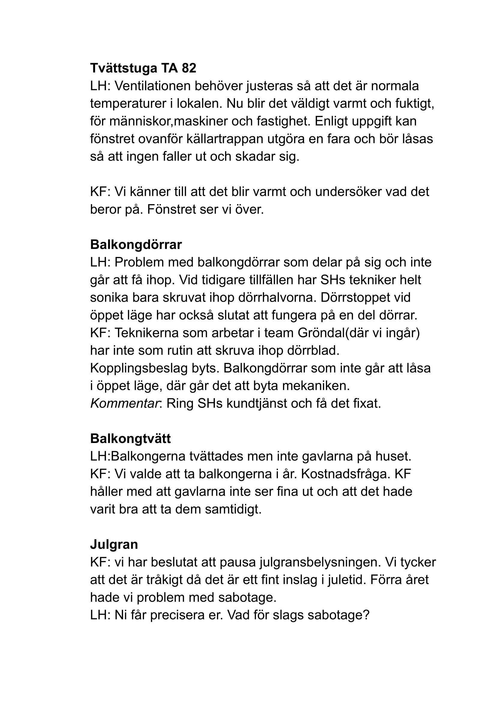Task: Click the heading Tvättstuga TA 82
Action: [143, 68]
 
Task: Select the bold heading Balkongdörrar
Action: [136, 245]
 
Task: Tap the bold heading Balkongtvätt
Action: [130, 438]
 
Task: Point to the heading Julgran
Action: [114, 544]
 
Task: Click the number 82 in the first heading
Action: [189, 68]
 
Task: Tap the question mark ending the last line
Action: [366, 615]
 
